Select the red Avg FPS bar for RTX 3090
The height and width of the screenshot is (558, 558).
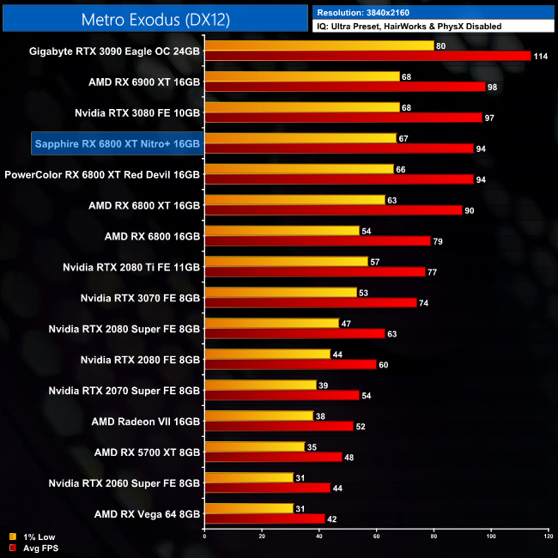click(x=367, y=56)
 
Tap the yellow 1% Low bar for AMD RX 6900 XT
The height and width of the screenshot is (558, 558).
click(x=302, y=76)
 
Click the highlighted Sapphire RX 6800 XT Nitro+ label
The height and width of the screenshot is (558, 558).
click(x=117, y=143)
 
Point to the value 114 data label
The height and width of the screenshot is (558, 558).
click(x=543, y=56)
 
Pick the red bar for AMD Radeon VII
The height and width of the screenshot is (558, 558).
click(x=279, y=426)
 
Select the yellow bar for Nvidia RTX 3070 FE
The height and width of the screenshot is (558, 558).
click(x=281, y=293)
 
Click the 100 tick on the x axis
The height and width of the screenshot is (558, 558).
click(x=492, y=537)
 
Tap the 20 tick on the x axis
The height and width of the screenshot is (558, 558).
click(x=262, y=537)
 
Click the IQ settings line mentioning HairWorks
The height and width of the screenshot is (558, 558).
click(x=409, y=27)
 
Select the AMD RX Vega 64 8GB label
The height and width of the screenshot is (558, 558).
click(x=147, y=514)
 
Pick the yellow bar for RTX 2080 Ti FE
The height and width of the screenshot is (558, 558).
click(x=286, y=262)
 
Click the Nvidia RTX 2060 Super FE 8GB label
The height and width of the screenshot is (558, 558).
click(x=124, y=483)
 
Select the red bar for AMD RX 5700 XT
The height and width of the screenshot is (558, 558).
click(x=273, y=457)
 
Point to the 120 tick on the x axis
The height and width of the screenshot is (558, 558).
click(x=549, y=537)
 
